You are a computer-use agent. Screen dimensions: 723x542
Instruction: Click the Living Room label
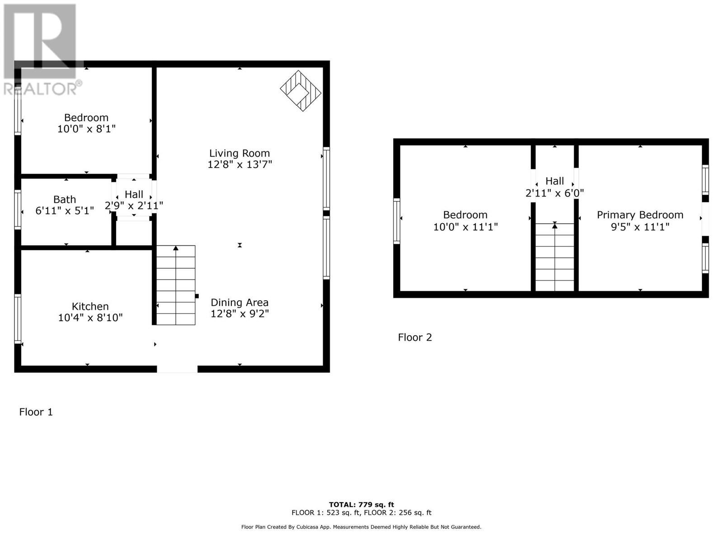[239, 154]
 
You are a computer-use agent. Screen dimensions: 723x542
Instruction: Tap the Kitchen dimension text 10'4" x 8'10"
[90, 318]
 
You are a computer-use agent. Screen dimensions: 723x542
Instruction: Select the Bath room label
[65, 200]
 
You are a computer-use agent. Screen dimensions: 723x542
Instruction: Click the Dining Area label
[239, 303]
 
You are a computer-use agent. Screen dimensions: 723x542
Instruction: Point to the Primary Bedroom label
[640, 215]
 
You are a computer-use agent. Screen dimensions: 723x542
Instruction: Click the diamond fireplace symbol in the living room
[300, 91]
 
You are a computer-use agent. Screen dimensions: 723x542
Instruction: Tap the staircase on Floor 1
[176, 285]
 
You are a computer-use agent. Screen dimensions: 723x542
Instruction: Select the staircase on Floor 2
[555, 257]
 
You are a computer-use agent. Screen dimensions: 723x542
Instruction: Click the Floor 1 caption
[36, 412]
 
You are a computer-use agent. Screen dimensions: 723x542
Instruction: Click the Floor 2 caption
[415, 337]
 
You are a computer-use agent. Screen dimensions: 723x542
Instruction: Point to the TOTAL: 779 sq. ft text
[361, 505]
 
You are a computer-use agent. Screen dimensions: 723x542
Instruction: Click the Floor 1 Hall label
[134, 194]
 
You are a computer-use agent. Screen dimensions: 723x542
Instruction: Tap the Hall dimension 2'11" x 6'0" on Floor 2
[555, 193]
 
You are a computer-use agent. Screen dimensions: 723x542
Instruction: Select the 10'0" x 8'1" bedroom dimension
[86, 129]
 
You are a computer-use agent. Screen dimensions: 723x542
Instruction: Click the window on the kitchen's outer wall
[18, 318]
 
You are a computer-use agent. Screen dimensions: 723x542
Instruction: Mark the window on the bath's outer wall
[18, 210]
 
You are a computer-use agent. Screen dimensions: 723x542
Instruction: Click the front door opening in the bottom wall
[177, 369]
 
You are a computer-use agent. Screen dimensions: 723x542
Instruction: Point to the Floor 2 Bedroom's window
[397, 221]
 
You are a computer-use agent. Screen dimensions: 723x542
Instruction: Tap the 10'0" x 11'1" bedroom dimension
[465, 227]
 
